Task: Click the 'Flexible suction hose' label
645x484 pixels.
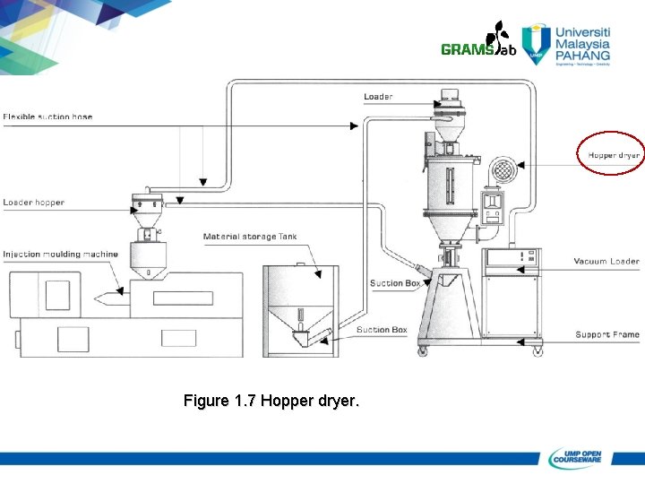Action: (x=47, y=117)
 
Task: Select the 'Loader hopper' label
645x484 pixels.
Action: (x=34, y=203)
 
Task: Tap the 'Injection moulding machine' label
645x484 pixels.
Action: (x=60, y=255)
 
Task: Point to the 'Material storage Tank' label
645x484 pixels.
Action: (x=250, y=237)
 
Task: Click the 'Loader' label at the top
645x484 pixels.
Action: (x=378, y=97)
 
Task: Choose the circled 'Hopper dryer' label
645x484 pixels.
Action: (x=613, y=155)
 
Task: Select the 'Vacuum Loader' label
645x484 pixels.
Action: (x=606, y=262)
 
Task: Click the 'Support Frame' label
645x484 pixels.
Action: (x=606, y=334)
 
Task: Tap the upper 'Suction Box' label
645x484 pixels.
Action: (x=395, y=283)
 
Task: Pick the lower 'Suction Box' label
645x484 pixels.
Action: (x=382, y=330)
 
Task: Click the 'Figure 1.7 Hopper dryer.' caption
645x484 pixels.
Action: (x=271, y=401)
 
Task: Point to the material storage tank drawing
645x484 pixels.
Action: (x=300, y=309)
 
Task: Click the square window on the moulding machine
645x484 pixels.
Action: (x=57, y=295)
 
